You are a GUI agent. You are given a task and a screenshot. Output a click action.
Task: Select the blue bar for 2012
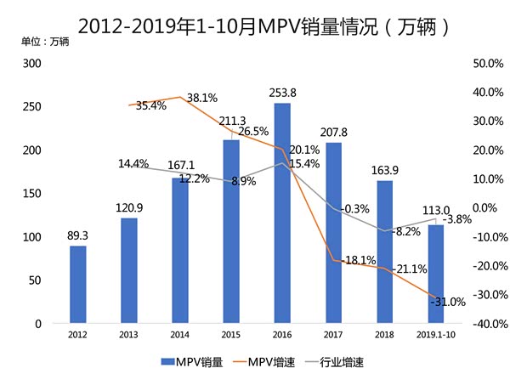click(78, 285)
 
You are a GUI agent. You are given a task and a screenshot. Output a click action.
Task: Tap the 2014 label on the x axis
click(180, 335)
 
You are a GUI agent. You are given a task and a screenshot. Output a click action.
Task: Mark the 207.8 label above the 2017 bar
click(334, 133)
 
